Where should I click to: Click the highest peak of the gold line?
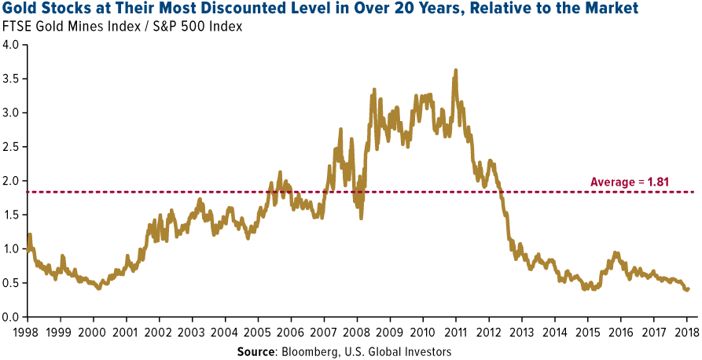(456, 71)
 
